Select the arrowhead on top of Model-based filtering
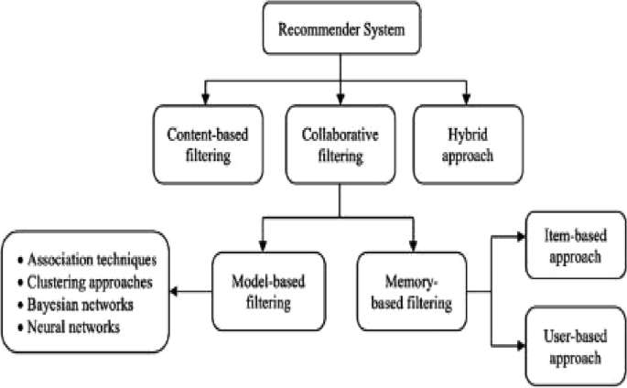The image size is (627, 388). tap(265, 248)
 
